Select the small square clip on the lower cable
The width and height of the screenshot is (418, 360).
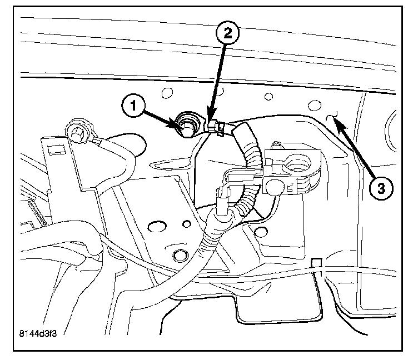click(x=317, y=262)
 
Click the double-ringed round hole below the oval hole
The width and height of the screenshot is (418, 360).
click(x=180, y=256)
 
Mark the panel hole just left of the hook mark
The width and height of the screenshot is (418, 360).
click(x=315, y=105)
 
